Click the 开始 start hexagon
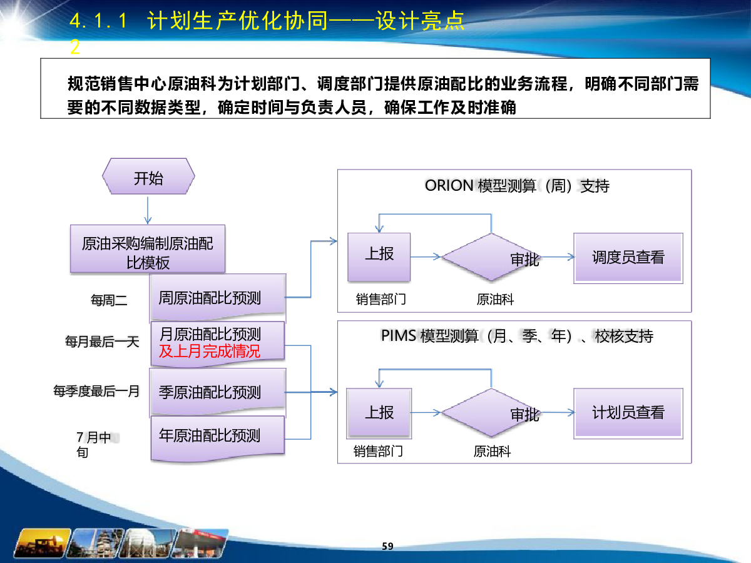pos(148,176)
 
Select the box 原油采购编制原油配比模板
pos(148,248)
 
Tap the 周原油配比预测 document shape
pos(218,297)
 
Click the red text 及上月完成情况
pos(210,352)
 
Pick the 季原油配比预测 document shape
pos(218,392)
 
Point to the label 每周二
pos(109,300)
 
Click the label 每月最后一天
pos(102,342)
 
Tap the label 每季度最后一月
pos(96,391)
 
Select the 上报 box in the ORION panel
pos(379,257)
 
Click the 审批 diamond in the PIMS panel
pos(491,413)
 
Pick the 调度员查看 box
pos(628,258)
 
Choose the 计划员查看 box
pos(628,413)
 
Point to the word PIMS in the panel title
pos(398,336)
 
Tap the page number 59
pos(387,546)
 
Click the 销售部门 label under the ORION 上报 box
pos(381,299)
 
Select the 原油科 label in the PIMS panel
pos(492,452)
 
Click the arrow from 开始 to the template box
pos(148,210)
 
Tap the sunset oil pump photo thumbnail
pos(43,543)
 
